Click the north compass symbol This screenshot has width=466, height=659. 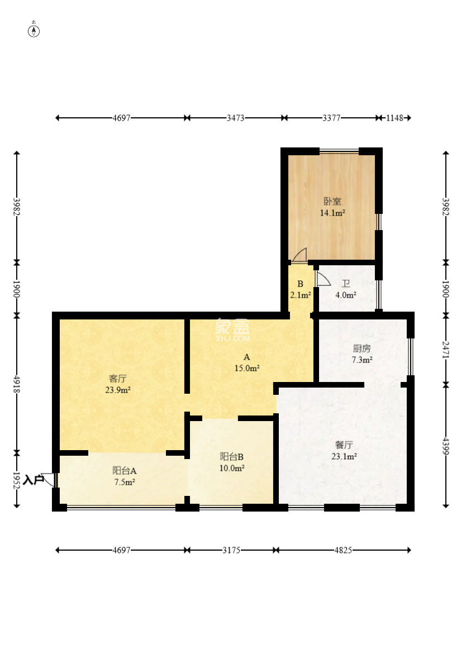click(34, 30)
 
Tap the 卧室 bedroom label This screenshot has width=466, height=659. click(332, 201)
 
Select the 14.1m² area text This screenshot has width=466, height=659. click(332, 213)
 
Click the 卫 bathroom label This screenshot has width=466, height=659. click(346, 284)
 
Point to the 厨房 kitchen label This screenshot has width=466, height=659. click(362, 348)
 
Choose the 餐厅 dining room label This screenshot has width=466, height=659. click(344, 445)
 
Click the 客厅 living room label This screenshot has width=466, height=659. click(118, 378)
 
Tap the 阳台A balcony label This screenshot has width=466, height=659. click(124, 471)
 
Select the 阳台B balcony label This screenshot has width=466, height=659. click(232, 456)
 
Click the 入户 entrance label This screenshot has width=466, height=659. click(33, 480)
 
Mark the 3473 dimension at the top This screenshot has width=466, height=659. click(236, 118)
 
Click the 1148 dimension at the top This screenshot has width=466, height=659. click(394, 118)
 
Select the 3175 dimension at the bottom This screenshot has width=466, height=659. click(231, 550)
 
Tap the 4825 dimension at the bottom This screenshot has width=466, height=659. click(343, 550)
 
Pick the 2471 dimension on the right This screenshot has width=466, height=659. click(446, 350)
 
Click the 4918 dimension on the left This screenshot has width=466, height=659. click(17, 384)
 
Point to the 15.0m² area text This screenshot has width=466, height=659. click(247, 368)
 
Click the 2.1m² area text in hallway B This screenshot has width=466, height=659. click(301, 295)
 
